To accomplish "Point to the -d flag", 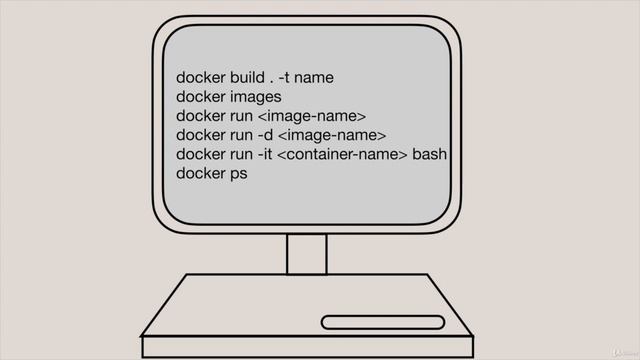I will coord(265,135).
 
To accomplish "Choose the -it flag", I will coord(264,154).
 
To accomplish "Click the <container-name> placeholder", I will coord(342,154).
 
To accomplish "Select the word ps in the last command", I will coord(238,174).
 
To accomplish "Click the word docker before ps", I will coord(201,173).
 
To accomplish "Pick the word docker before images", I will coord(201,97).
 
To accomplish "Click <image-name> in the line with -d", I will coord(332,135).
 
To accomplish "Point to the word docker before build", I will coord(201,78).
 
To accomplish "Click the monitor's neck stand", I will coord(307,253).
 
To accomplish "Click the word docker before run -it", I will coord(201,154).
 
